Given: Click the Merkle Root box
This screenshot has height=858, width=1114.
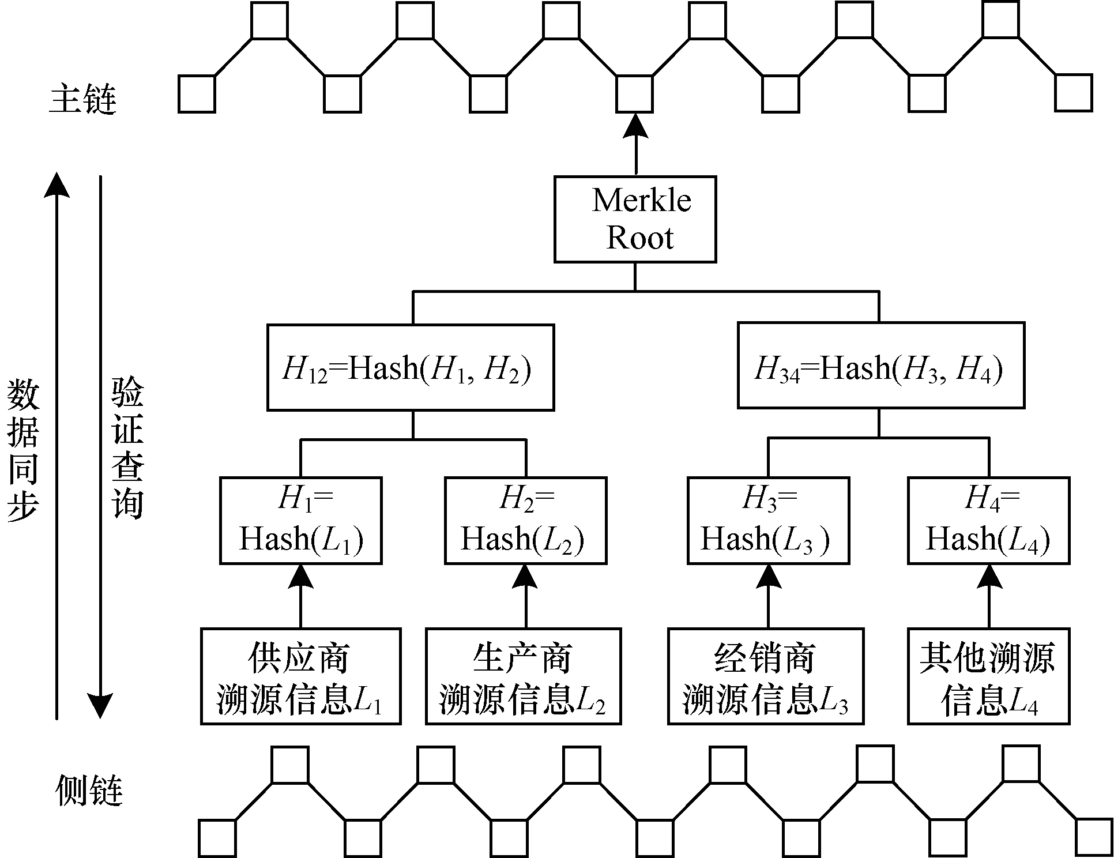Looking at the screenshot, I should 635,220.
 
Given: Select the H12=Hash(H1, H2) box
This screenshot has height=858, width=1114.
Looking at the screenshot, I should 411,367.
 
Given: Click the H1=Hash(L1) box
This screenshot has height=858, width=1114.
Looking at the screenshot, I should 300,520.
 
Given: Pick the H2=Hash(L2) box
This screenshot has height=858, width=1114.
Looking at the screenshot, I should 525,520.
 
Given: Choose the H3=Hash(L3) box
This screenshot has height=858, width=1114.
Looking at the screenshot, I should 768,520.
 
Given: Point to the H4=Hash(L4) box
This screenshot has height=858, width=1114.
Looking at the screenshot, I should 989,520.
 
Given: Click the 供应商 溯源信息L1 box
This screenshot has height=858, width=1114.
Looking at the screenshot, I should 300,676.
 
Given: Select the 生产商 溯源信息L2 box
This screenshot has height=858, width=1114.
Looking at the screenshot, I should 524,676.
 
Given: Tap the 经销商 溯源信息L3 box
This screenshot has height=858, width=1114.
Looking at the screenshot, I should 766,676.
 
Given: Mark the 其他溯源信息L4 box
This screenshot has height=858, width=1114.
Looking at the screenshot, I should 989,676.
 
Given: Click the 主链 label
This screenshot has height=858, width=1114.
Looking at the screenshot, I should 83,99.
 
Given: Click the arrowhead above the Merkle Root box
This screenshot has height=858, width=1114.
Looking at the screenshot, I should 636,127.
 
